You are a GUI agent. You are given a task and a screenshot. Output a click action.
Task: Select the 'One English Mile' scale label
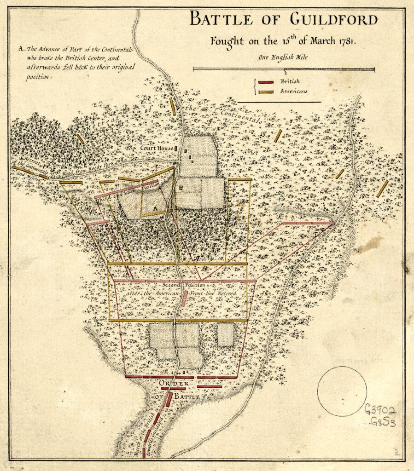284,57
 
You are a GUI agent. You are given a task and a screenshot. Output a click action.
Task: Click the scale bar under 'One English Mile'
284,69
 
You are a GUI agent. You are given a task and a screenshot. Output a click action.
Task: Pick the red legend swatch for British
266,82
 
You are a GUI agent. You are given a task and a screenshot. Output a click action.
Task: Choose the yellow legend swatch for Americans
266,92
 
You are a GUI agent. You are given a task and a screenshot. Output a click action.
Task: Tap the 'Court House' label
157,149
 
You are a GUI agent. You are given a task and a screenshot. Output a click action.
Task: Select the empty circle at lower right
342,391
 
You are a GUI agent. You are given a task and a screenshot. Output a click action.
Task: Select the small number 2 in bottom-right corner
396,452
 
